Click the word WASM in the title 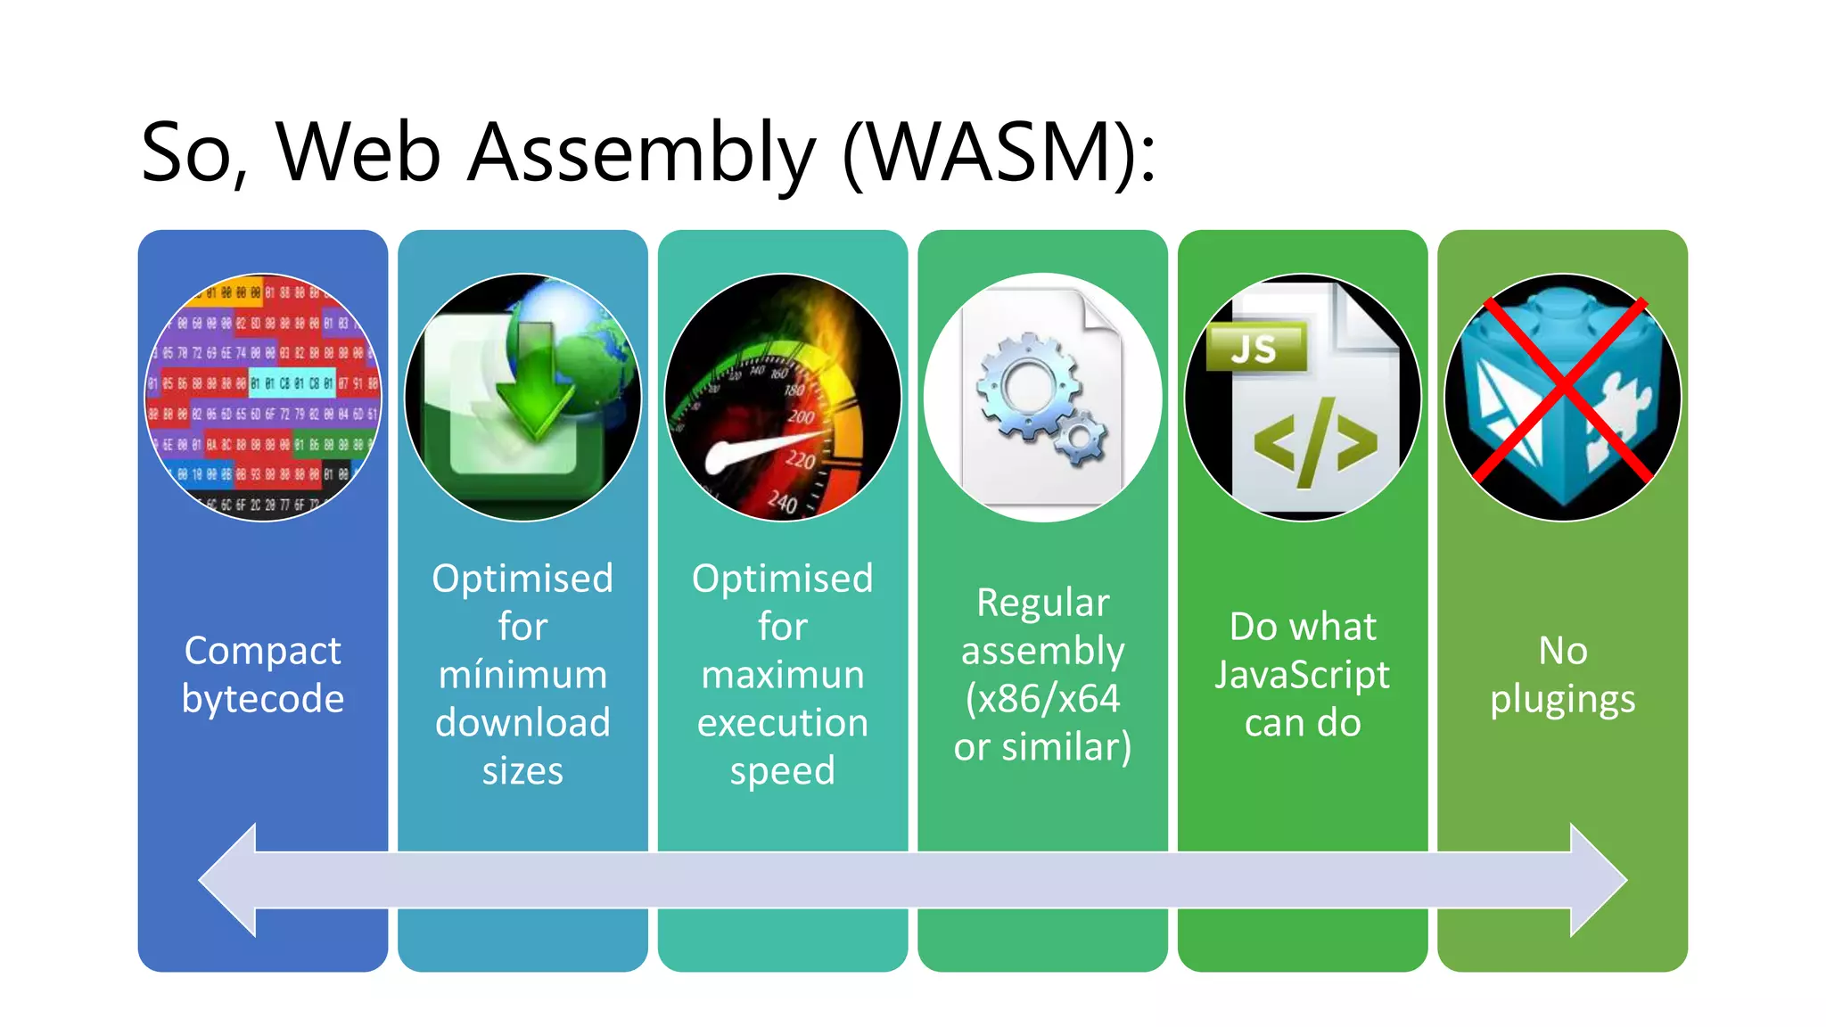tap(999, 153)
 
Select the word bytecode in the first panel tap(263, 700)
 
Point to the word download tap(522, 723)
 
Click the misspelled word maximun tap(782, 675)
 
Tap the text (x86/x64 tap(1042, 699)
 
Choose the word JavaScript tap(1302, 675)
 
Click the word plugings tap(1562, 700)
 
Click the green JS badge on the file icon tap(1255, 349)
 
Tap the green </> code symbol tap(1314, 443)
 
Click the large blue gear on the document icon tap(1027, 386)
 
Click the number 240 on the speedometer tap(782, 502)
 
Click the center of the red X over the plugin tap(1562, 392)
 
